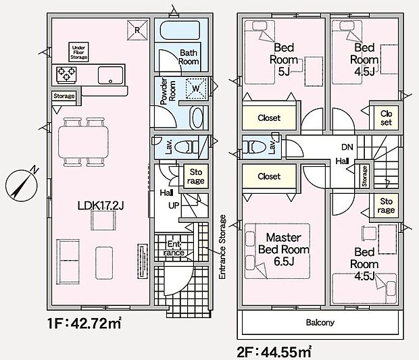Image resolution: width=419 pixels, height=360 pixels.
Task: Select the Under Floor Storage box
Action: point(78,52)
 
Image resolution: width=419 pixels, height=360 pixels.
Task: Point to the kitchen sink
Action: point(108,74)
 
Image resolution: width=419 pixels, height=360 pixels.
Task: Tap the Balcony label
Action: point(320,322)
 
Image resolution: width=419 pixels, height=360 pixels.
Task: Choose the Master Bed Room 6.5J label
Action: point(287,250)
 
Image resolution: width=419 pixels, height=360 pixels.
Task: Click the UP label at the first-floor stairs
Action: point(174,205)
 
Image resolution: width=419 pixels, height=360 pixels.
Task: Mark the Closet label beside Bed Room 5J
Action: point(269,118)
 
